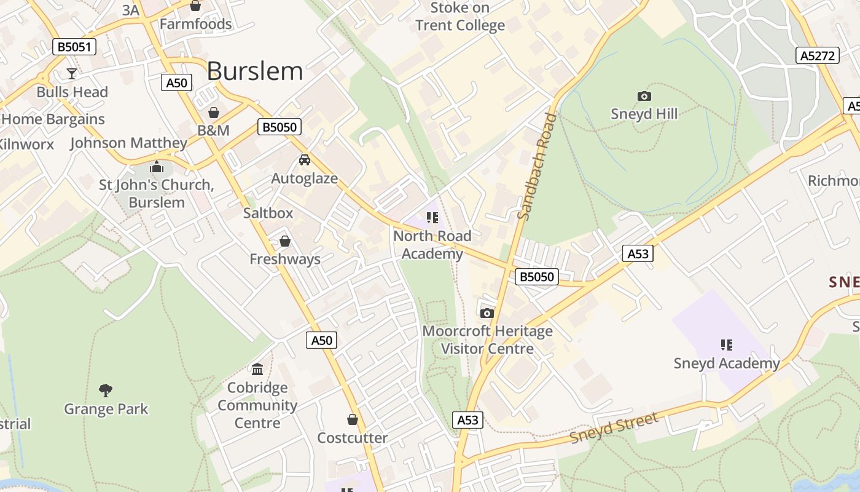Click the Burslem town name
(x=255, y=71)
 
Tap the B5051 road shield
(x=74, y=47)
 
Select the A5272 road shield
(x=818, y=55)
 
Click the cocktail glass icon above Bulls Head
(x=72, y=74)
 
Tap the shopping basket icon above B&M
(x=214, y=113)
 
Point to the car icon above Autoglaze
(x=304, y=160)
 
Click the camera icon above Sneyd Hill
(x=644, y=96)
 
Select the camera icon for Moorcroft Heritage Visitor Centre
(x=487, y=313)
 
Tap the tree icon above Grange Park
(x=106, y=390)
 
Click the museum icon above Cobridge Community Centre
(x=257, y=369)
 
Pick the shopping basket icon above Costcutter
(x=353, y=419)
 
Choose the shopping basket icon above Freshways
(x=284, y=240)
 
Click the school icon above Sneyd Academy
(x=727, y=345)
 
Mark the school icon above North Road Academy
(x=432, y=217)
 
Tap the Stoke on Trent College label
(x=460, y=17)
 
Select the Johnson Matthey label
(x=128, y=143)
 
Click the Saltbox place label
(x=268, y=213)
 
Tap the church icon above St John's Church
(x=157, y=167)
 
